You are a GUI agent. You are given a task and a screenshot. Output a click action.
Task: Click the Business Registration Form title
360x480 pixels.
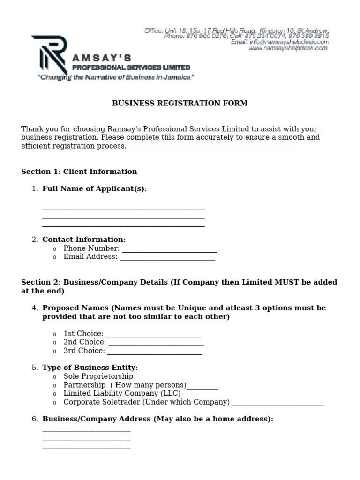pos(180,103)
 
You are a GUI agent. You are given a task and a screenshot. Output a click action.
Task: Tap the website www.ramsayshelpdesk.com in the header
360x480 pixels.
pos(288,48)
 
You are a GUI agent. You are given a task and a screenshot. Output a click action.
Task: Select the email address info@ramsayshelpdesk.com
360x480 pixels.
pos(280,42)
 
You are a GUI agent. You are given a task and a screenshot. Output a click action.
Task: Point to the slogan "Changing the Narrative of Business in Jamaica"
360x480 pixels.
pos(116,77)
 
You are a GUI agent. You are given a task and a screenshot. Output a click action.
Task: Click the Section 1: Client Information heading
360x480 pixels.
pos(79,172)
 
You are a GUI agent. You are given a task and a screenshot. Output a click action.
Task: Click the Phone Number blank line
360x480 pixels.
pos(169,249)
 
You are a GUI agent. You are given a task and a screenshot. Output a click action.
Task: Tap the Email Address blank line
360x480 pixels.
pos(167,257)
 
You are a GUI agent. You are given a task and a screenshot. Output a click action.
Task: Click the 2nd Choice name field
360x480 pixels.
pos(156,343)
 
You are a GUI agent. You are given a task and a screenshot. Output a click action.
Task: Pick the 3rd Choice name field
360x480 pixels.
pos(155,351)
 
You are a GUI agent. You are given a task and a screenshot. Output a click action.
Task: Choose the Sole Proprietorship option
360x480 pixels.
pos(98,376)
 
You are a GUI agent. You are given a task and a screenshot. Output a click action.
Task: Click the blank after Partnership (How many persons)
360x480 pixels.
pos(202,386)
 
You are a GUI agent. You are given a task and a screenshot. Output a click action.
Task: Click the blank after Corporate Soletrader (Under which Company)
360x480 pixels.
pos(277,403)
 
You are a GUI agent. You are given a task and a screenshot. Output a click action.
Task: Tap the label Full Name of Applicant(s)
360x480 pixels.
pos(95,188)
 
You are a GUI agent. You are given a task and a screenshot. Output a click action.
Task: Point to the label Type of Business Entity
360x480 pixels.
pos(90,367)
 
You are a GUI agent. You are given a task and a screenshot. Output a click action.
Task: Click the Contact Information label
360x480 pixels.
pos(84,240)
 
